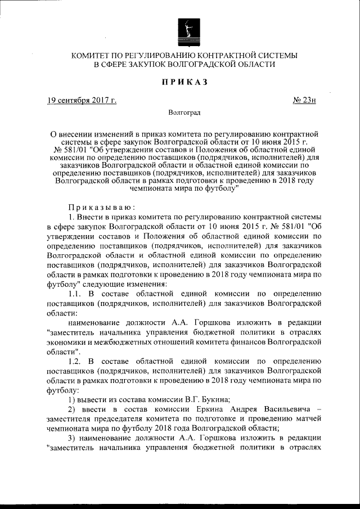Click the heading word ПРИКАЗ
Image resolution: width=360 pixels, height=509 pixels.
tap(184, 82)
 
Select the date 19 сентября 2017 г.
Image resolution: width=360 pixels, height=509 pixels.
tap(82, 101)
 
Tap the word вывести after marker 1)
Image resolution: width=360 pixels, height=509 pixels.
tap(93, 399)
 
